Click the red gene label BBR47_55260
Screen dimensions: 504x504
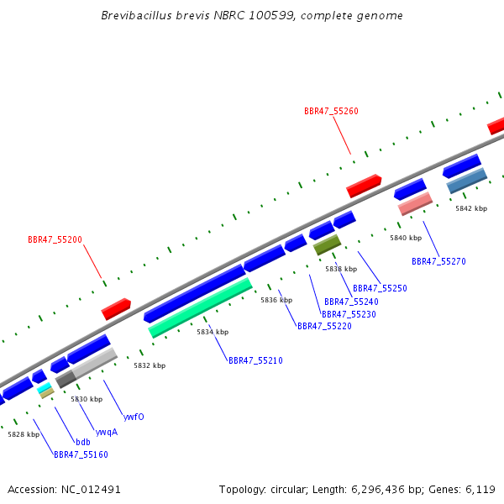click(x=331, y=111)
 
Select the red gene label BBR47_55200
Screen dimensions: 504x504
click(x=55, y=239)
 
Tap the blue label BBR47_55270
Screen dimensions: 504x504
click(x=438, y=261)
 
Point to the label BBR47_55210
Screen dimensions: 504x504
click(x=255, y=360)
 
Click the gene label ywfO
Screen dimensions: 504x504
click(x=134, y=417)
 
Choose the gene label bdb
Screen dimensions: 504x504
click(x=83, y=443)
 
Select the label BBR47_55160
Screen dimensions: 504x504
click(x=81, y=454)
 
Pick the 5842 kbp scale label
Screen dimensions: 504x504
click(x=471, y=208)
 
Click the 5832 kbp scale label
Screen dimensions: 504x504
click(x=150, y=365)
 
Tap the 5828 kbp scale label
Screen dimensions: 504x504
click(x=24, y=434)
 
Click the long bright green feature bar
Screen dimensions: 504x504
click(x=200, y=308)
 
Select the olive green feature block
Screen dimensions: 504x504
click(x=328, y=245)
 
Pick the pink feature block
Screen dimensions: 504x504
click(x=415, y=204)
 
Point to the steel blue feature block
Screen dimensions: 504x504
click(x=467, y=181)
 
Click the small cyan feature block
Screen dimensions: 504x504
click(x=44, y=387)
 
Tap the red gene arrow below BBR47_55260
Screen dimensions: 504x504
click(x=364, y=186)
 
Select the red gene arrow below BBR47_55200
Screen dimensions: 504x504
click(x=116, y=309)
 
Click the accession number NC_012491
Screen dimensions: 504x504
click(x=91, y=490)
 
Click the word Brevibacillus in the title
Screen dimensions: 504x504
click(x=137, y=15)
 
